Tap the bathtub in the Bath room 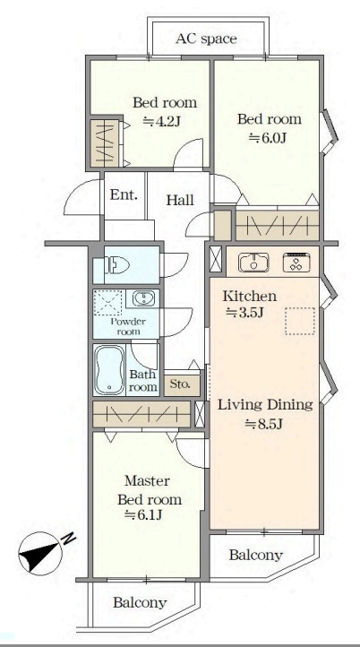point(109,370)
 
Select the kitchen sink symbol point(253,263)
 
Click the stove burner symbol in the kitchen point(296,263)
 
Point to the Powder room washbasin point(143,298)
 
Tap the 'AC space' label point(206,39)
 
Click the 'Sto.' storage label point(180,384)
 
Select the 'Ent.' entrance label point(124,194)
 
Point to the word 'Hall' point(180,201)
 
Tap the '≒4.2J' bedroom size point(162,122)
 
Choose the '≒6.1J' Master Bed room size point(144,514)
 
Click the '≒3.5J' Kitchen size point(244,313)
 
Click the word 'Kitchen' point(250,297)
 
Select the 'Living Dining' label point(265,405)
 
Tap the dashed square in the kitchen point(300,321)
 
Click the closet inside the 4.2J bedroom point(105,143)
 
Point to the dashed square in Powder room point(108,303)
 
